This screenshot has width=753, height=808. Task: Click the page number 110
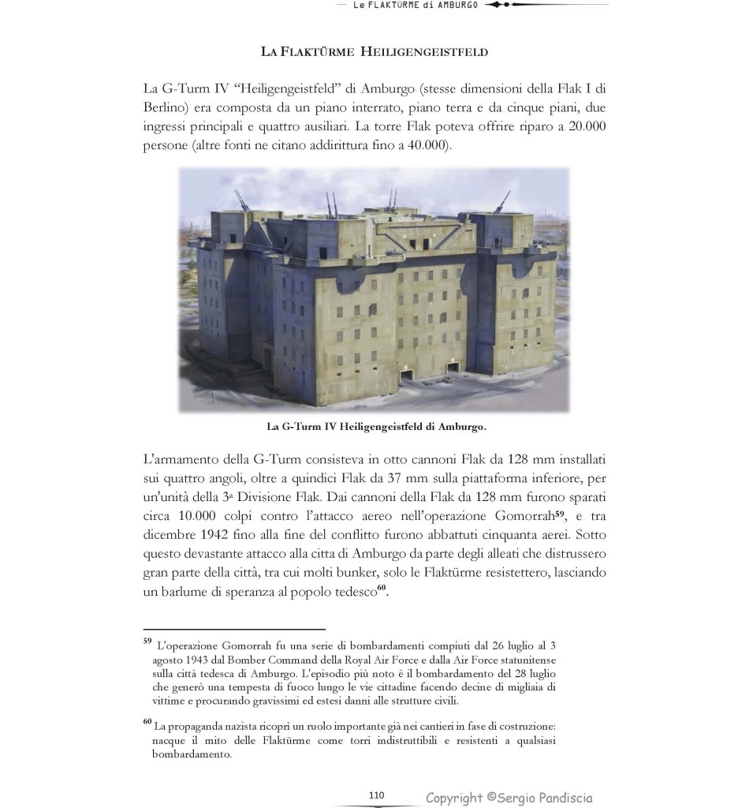[376, 795]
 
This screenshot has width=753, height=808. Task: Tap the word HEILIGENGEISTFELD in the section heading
[424, 52]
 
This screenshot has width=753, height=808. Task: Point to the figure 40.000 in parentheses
[424, 147]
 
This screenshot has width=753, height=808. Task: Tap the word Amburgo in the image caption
[461, 427]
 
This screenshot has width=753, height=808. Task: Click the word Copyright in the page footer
[455, 798]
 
